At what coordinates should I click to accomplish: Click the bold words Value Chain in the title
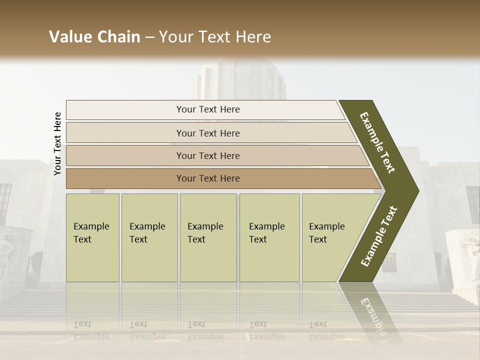point(94,37)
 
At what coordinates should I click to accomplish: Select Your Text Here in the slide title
point(215,37)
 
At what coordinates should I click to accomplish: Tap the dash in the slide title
point(149,37)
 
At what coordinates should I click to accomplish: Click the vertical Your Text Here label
point(57,144)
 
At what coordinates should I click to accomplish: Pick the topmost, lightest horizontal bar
point(205,109)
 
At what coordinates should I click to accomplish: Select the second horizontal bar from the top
point(210,133)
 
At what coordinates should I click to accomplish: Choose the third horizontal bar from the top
point(215,155)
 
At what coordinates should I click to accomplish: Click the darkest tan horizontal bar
point(220,178)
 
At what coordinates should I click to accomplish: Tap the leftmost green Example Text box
point(92,237)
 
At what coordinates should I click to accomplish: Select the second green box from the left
point(149,237)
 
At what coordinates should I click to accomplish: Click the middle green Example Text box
point(208,237)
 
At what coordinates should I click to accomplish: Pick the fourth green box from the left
point(269,237)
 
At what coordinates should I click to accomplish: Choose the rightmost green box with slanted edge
point(330,237)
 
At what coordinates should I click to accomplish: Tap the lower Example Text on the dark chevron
point(379,236)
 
